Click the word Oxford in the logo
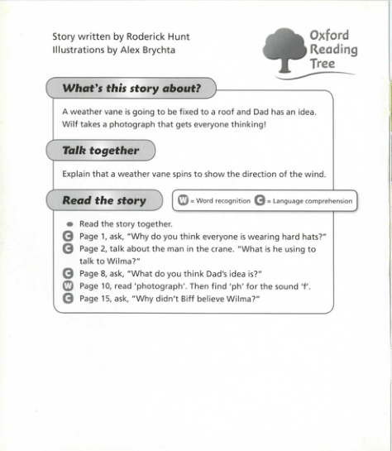pos(329,35)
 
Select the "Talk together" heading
pos(100,151)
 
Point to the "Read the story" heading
pos(103,200)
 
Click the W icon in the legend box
pos(184,200)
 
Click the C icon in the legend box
pos(260,200)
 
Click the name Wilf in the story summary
pos(71,125)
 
